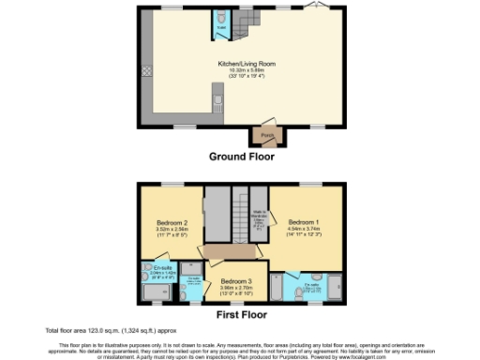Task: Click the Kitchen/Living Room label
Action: point(241,64)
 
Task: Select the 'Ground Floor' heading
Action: point(241,157)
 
